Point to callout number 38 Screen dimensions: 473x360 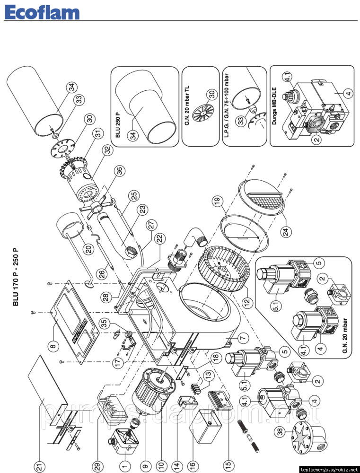click(280, 431)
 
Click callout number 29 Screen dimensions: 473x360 click(97, 465)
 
